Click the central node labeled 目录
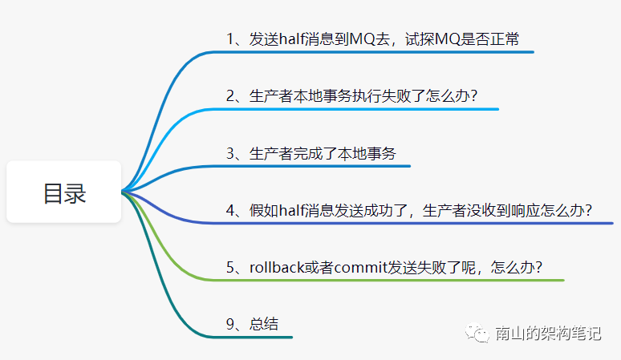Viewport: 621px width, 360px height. (64, 192)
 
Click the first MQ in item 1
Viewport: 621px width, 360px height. (357, 38)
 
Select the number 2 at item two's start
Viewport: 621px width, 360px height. (230, 95)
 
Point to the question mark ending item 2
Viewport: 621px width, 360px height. (473, 95)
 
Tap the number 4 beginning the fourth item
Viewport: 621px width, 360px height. (230, 211)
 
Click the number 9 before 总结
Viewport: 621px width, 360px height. (230, 325)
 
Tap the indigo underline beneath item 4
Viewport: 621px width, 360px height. (417, 223)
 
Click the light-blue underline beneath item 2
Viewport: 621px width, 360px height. (361, 109)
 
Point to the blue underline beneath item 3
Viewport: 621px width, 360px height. (321, 166)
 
